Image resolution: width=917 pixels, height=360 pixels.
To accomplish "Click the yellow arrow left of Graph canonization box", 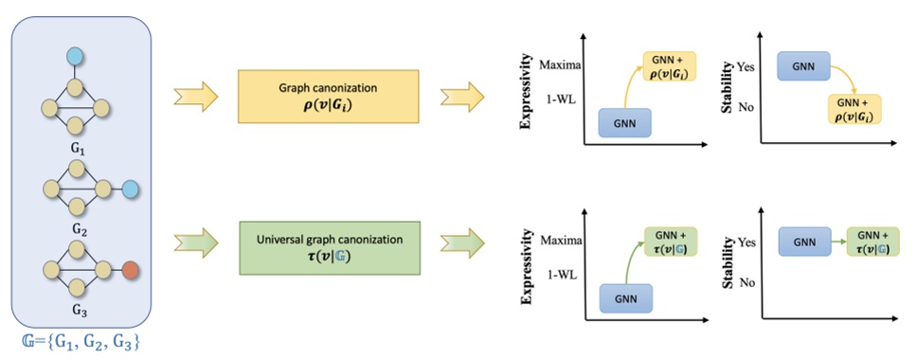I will coord(196,97).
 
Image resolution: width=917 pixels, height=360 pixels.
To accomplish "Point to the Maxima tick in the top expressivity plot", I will coord(564,65).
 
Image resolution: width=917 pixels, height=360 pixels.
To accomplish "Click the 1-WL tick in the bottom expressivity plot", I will coord(565,268).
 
